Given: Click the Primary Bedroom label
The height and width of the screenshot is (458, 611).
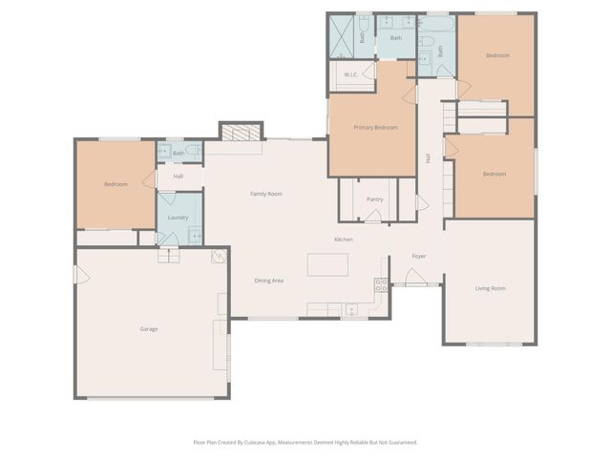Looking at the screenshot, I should tap(375, 127).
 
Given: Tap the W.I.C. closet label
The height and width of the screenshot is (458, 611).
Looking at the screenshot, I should tap(350, 74).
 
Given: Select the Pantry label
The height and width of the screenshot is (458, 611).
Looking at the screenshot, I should tap(374, 199).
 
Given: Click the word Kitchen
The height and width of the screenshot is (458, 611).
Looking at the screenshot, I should tap(344, 239).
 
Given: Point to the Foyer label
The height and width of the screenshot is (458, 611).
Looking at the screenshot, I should tap(418, 257).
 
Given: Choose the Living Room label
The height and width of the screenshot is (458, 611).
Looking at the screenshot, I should tap(491, 287).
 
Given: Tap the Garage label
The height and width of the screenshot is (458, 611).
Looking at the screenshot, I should tap(149, 328).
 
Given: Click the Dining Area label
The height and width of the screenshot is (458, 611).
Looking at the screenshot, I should tap(268, 281).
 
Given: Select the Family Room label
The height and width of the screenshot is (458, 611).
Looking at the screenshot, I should tap(266, 194).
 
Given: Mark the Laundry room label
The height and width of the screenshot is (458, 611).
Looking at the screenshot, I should tap(178, 218).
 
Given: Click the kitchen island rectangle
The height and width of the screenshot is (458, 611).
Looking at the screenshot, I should tap(327, 264).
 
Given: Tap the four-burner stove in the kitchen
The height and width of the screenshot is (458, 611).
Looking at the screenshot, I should tap(381, 283).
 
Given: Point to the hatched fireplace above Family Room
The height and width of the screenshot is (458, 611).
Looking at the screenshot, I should tap(242, 133).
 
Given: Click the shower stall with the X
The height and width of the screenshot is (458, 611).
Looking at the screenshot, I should tap(344, 37).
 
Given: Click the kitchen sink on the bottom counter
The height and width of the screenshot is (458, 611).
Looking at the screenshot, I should tap(351, 308).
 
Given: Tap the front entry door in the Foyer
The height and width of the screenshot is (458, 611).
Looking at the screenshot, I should tap(416, 278).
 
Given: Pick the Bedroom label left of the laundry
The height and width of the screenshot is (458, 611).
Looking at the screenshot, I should tap(116, 184).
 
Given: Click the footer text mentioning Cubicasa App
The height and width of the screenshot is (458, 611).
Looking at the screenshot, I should tap(305, 442).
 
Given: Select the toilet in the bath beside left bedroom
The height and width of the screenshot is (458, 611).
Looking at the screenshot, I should tap(195, 151).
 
